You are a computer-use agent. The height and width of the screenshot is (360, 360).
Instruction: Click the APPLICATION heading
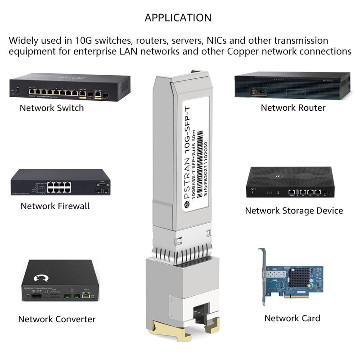pyautogui.click(x=178, y=18)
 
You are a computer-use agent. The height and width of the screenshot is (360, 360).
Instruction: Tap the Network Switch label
pyautogui.click(x=52, y=108)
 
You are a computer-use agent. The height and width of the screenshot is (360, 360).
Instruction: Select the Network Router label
pyautogui.click(x=293, y=108)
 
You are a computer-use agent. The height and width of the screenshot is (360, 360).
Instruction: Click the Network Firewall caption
pyautogui.click(x=55, y=206)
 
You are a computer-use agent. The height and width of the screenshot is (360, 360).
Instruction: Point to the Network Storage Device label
pyautogui.click(x=294, y=211)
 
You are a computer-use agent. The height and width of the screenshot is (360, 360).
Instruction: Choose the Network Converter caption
pyautogui.click(x=57, y=319)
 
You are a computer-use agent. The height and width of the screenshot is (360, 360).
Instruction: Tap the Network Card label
pyautogui.click(x=292, y=318)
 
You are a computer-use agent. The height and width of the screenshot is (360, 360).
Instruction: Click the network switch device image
pyautogui.click(x=70, y=88)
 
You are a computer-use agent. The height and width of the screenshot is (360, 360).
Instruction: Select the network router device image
pyautogui.click(x=292, y=85)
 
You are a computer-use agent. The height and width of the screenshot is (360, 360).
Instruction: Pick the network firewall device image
pyautogui.click(x=60, y=182)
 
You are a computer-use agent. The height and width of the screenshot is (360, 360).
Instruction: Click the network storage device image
pyautogui.click(x=290, y=183)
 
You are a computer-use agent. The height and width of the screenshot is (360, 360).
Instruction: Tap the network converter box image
pyautogui.click(x=60, y=281)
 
